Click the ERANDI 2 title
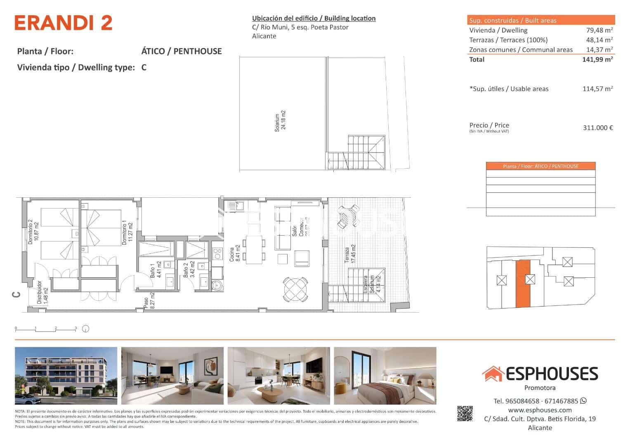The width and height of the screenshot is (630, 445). [63, 23]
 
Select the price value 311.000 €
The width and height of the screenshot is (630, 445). [597, 128]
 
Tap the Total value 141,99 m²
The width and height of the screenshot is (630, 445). [597, 59]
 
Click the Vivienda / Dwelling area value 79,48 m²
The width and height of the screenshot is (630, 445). [599, 30]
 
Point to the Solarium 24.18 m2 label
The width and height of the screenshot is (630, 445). [280, 120]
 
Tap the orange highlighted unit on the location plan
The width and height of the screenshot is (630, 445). [522, 284]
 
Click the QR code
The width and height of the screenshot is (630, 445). [465, 414]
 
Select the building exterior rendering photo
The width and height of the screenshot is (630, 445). [66, 376]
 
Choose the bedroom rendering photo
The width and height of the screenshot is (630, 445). [385, 376]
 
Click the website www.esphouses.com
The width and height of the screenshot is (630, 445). [540, 410]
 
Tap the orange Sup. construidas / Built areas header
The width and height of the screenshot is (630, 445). [541, 20]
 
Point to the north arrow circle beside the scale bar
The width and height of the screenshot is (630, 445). [86, 329]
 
